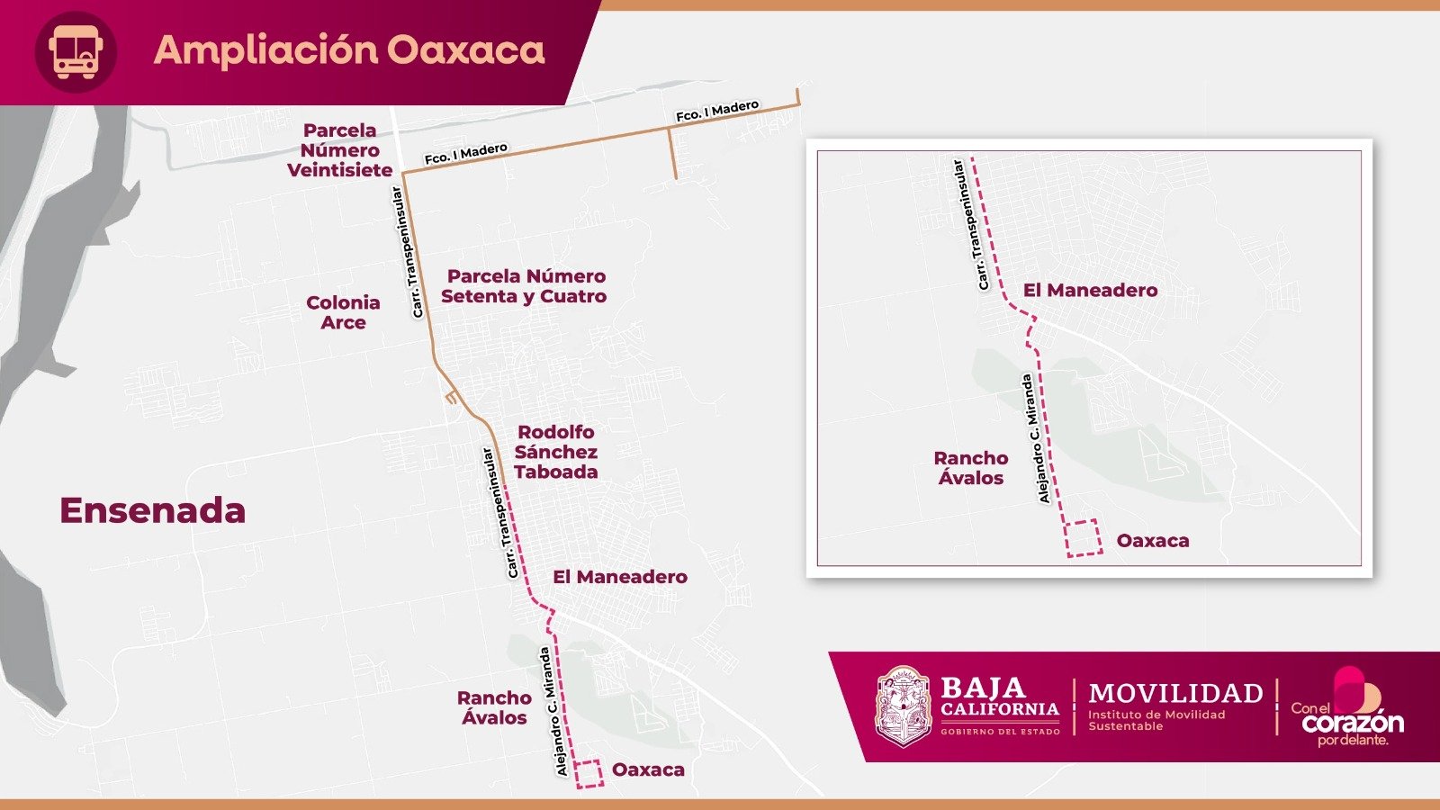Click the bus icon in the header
click(x=76, y=51)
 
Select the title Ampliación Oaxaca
click(x=349, y=50)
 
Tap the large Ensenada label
click(x=152, y=510)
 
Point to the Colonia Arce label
click(x=343, y=312)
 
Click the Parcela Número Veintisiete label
click(x=339, y=150)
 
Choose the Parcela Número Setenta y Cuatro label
click(x=525, y=286)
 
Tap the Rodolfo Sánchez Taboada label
click(x=555, y=452)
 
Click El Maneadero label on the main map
click(x=620, y=577)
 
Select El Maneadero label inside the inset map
click(x=1090, y=290)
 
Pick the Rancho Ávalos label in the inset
click(x=970, y=468)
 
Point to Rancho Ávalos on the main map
click(x=494, y=707)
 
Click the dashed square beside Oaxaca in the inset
click(x=1083, y=537)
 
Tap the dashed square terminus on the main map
click(x=589, y=774)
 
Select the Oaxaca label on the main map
click(x=648, y=769)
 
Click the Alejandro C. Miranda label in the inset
click(x=1034, y=439)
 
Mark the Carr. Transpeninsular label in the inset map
click(x=970, y=225)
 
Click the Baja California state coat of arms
click(x=903, y=706)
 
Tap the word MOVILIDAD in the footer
click(x=1175, y=693)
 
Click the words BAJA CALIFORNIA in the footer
click(x=999, y=697)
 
